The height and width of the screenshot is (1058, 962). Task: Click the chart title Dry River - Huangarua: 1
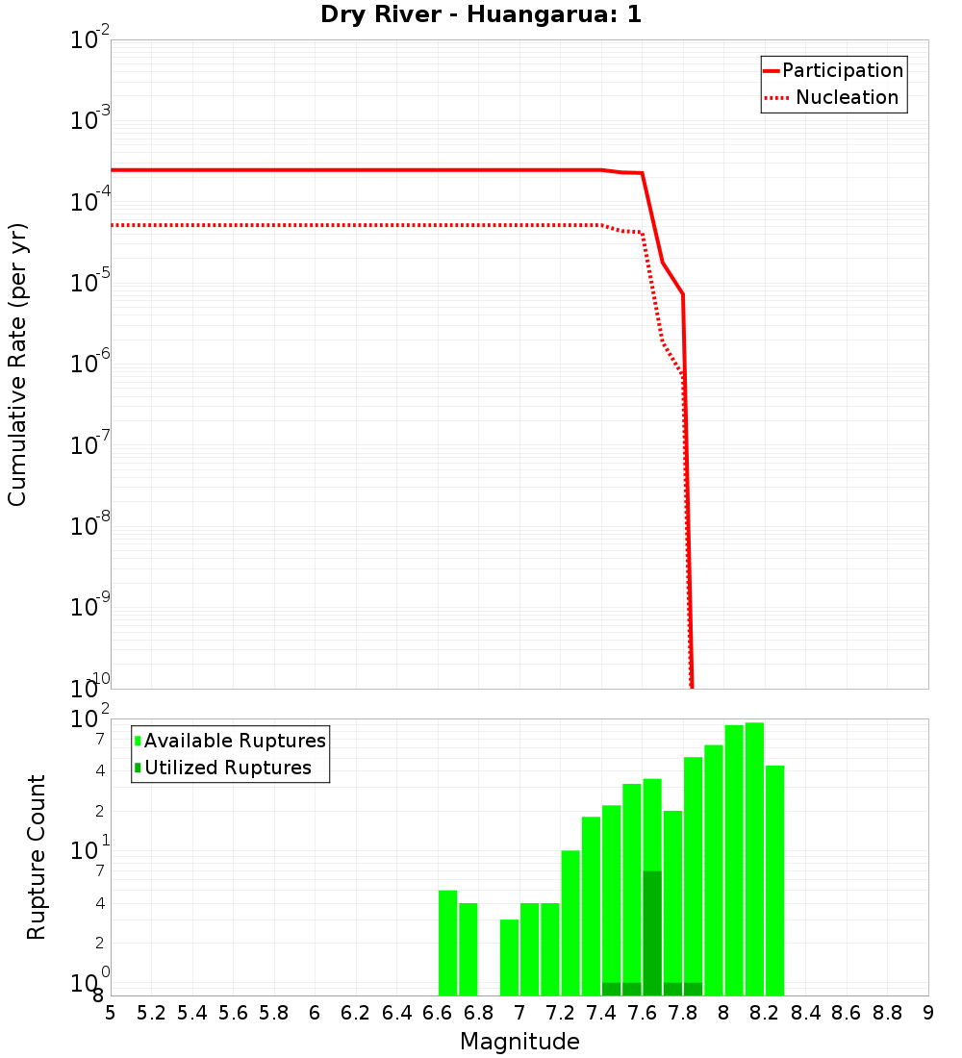pyautogui.click(x=481, y=14)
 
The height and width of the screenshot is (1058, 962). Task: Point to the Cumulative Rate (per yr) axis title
pyautogui.click(x=17, y=365)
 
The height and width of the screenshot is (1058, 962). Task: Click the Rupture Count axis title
pyautogui.click(x=37, y=857)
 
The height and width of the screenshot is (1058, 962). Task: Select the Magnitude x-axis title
pyautogui.click(x=519, y=1042)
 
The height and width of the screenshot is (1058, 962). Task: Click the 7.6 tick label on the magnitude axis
pyautogui.click(x=643, y=1013)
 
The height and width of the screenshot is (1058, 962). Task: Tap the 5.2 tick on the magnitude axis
pyautogui.click(x=152, y=1013)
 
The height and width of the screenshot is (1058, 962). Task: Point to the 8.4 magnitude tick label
pyautogui.click(x=806, y=1013)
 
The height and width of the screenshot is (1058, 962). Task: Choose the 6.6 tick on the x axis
pyautogui.click(x=439, y=1013)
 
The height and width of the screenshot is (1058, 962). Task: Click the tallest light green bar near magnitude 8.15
pyautogui.click(x=754, y=858)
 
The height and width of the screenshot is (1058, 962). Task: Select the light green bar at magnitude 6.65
pyautogui.click(x=447, y=943)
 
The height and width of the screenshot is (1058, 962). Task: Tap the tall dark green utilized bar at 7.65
pyautogui.click(x=652, y=933)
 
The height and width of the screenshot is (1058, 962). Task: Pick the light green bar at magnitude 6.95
pyautogui.click(x=509, y=957)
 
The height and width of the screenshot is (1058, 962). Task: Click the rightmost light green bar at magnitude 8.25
pyautogui.click(x=774, y=880)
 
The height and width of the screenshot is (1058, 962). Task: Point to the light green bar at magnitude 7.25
pyautogui.click(x=570, y=922)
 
